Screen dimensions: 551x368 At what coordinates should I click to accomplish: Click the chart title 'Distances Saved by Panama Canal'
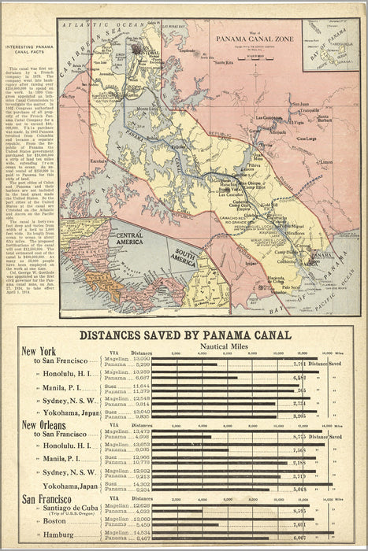click(x=185, y=335)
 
